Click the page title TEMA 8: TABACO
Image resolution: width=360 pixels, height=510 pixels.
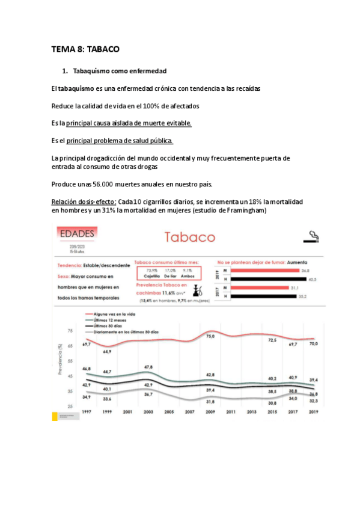pyautogui.click(x=85, y=50)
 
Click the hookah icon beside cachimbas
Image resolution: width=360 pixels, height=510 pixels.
pyautogui.click(x=197, y=289)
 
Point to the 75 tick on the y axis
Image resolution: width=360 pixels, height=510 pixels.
pyautogui.click(x=70, y=331)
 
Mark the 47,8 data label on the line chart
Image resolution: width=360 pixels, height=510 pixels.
pyautogui.click(x=148, y=366)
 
